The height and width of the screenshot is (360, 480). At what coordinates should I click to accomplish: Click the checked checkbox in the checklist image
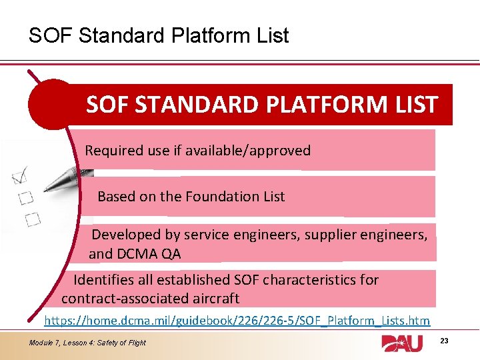pos(19,176)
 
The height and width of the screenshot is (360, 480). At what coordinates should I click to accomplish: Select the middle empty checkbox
pos(25,198)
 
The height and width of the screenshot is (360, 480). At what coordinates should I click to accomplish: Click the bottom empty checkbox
pos(32,218)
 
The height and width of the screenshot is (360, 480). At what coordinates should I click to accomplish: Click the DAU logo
pos(406,343)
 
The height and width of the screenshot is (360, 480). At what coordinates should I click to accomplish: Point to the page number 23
pos(445,341)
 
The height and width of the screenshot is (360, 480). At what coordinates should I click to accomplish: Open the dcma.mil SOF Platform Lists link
pos(237,321)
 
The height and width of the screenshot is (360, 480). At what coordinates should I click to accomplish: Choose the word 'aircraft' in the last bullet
pos(215,298)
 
